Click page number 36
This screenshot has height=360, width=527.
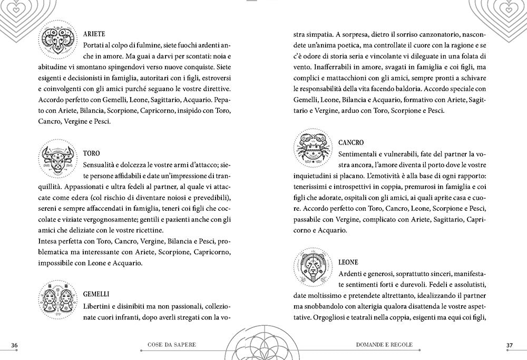point(15,345)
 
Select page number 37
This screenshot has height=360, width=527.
point(509,345)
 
